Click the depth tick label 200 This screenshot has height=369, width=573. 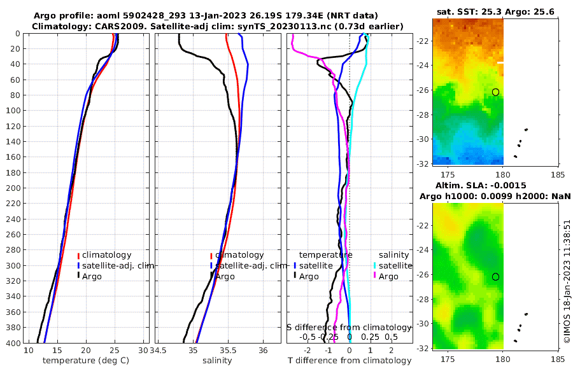pyautogui.click(x=13, y=188)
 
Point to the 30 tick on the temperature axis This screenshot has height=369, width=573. pyautogui.click(x=143, y=351)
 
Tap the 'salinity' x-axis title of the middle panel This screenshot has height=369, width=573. pyautogui.click(x=217, y=361)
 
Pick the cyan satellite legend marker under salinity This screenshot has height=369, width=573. pyautogui.click(x=376, y=266)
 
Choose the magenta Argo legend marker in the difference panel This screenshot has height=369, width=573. pyautogui.click(x=376, y=276)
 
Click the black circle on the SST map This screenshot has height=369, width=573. pyautogui.click(x=495, y=92)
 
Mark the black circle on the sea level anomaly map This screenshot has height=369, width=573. pyautogui.click(x=495, y=277)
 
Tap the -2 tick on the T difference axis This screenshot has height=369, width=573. pyautogui.click(x=308, y=351)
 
